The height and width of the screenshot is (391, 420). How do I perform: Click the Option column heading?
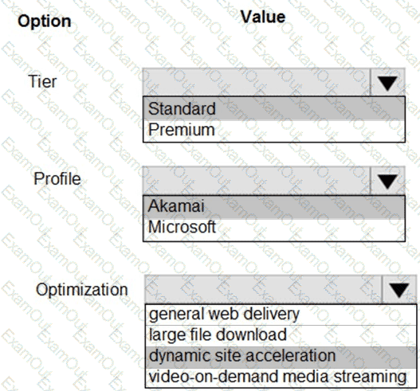coord(45,21)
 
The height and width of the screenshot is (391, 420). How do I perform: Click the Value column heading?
coord(263,17)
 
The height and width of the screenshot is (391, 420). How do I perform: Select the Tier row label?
coord(42,81)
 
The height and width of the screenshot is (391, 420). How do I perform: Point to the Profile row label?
coord(57,178)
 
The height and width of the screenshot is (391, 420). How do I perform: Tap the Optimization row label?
coord(82,290)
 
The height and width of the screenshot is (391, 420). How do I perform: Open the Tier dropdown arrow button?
coord(387,82)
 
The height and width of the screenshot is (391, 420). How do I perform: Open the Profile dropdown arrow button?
coord(387,181)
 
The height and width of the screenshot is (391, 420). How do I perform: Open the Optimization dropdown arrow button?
coord(399,289)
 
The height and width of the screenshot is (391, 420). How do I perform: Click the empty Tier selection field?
coord(257,82)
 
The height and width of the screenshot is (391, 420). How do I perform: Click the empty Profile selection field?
coord(257,181)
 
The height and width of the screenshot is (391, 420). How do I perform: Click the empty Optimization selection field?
coord(264,289)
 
